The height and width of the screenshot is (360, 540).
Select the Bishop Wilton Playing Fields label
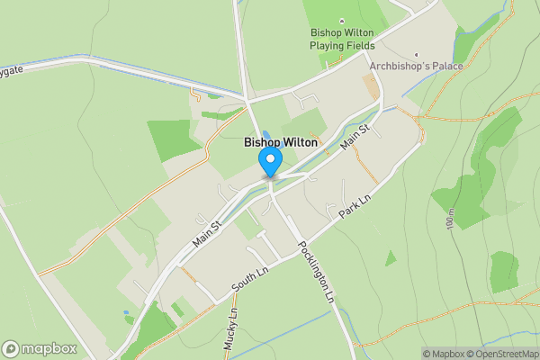click(342, 39)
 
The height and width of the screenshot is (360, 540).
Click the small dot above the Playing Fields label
click(341, 20)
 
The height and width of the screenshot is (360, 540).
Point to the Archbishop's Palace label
click(417, 67)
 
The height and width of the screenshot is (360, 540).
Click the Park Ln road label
click(354, 209)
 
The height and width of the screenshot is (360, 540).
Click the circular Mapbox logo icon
click(12, 348)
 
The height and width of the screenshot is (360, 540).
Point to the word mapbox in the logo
click(50, 348)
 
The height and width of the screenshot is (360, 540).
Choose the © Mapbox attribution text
click(444, 354)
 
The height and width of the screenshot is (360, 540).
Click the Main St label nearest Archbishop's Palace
click(355, 137)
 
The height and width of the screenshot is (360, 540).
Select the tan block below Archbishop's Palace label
click(369, 86)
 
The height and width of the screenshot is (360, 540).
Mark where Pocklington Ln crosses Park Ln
click(301, 244)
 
